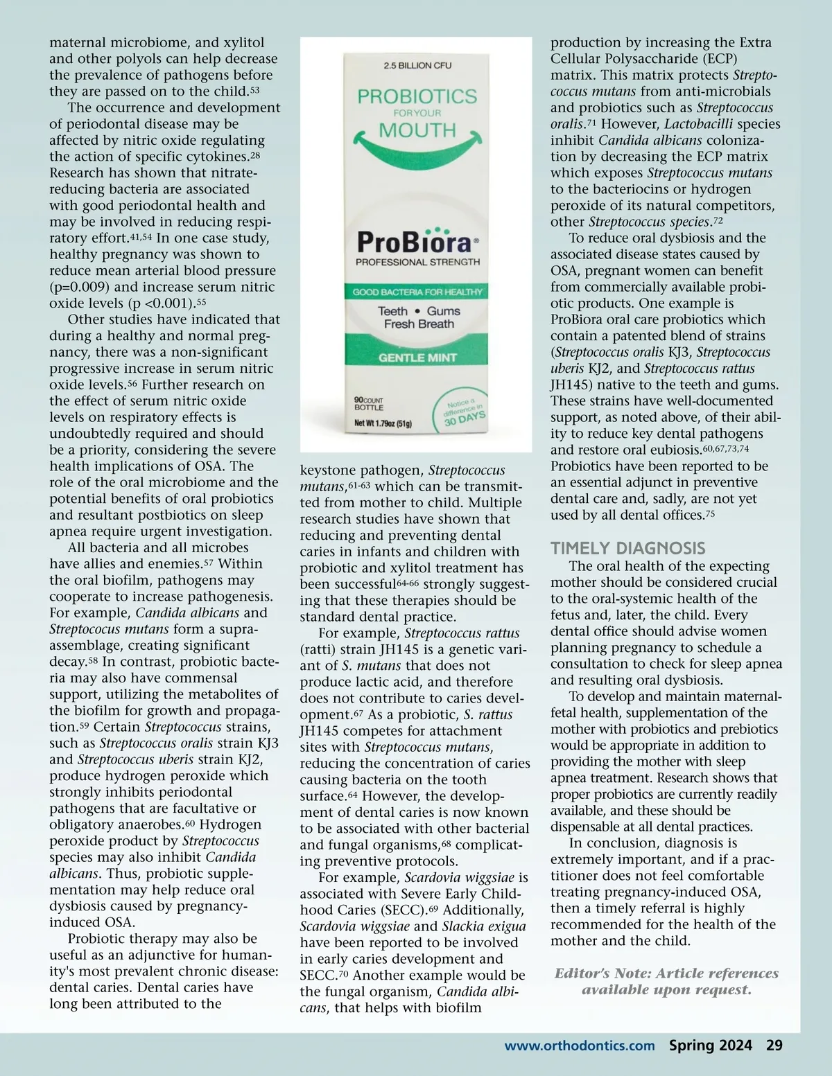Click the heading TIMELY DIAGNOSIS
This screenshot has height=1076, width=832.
point(627,548)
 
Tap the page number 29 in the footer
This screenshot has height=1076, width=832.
point(774,1046)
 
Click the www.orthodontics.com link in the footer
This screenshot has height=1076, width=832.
point(579,1046)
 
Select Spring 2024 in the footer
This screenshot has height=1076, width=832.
point(710,1046)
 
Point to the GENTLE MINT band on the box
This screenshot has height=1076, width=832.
point(417,358)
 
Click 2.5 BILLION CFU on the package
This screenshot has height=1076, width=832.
point(417,65)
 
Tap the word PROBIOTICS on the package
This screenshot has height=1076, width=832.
point(417,96)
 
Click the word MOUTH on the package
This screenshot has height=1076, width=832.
point(417,130)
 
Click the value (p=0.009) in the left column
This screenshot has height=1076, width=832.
point(80,287)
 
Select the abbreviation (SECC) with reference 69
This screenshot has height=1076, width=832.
point(404,910)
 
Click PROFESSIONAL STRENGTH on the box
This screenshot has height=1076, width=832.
point(417,262)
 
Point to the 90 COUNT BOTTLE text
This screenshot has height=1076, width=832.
point(368,404)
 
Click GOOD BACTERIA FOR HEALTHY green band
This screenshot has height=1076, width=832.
point(417,292)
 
